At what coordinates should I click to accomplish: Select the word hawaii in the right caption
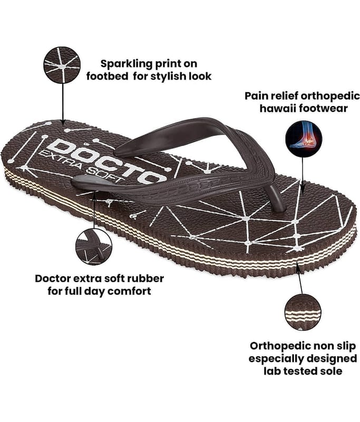(278, 108)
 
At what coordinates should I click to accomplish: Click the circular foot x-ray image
(304, 139)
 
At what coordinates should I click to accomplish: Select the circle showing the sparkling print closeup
(62, 65)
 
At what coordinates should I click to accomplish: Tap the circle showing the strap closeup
(94, 247)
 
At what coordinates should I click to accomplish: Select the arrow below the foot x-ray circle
(303, 176)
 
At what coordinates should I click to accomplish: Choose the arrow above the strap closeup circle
(94, 209)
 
